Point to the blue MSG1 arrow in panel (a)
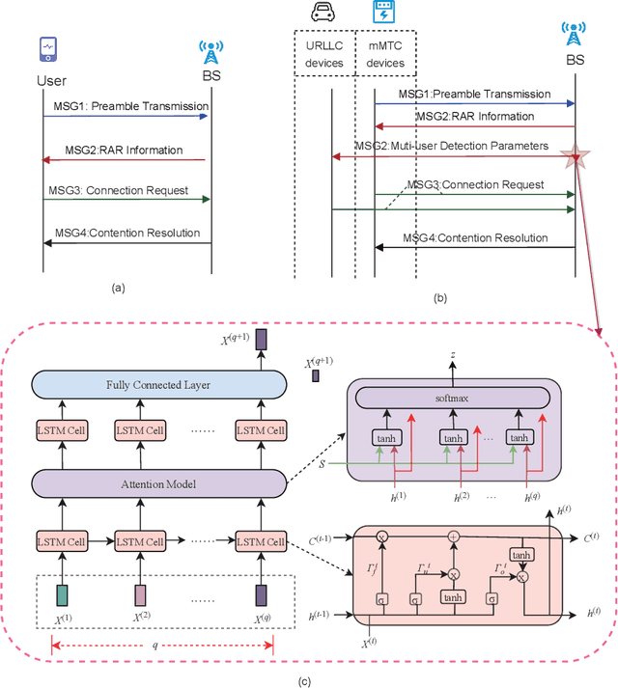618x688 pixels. click(x=126, y=116)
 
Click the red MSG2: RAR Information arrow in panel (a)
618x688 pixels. click(x=126, y=160)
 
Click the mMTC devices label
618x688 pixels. click(x=385, y=53)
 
